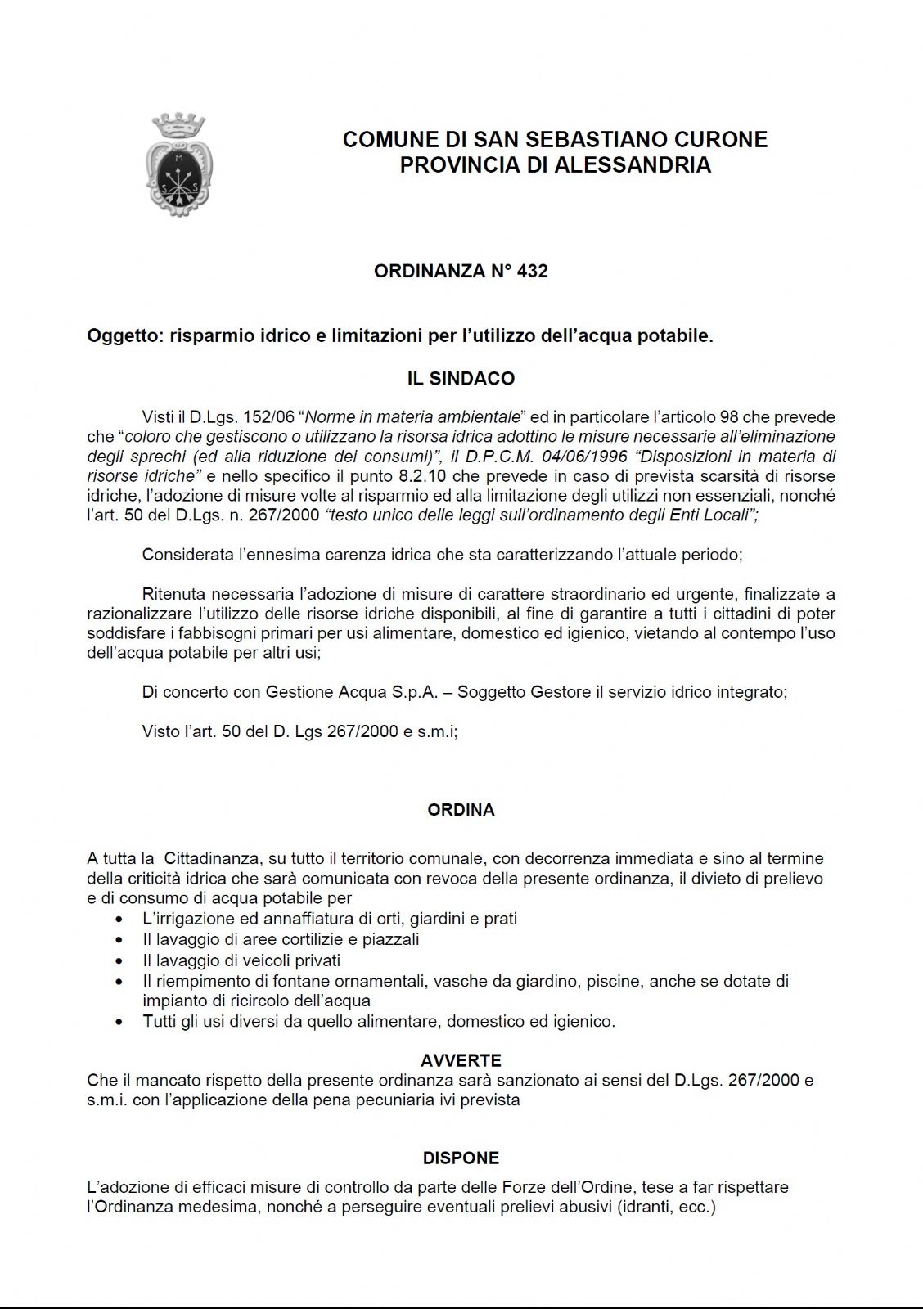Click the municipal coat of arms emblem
179,165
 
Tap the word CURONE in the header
725,140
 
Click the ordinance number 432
533,271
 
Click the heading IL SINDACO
461,379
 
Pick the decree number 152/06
263,417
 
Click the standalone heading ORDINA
461,810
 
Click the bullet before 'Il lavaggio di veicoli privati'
121,960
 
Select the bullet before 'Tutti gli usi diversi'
121,1022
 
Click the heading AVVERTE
461,1061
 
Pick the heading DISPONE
461,1158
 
